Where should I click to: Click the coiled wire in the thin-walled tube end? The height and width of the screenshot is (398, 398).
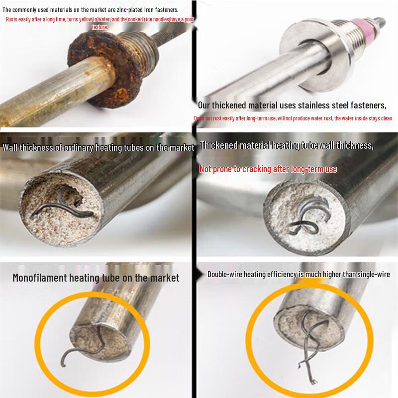click(55, 201)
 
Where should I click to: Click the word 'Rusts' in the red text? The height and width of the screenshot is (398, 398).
click(12, 19)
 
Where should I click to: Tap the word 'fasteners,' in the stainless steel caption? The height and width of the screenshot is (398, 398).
click(368, 105)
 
